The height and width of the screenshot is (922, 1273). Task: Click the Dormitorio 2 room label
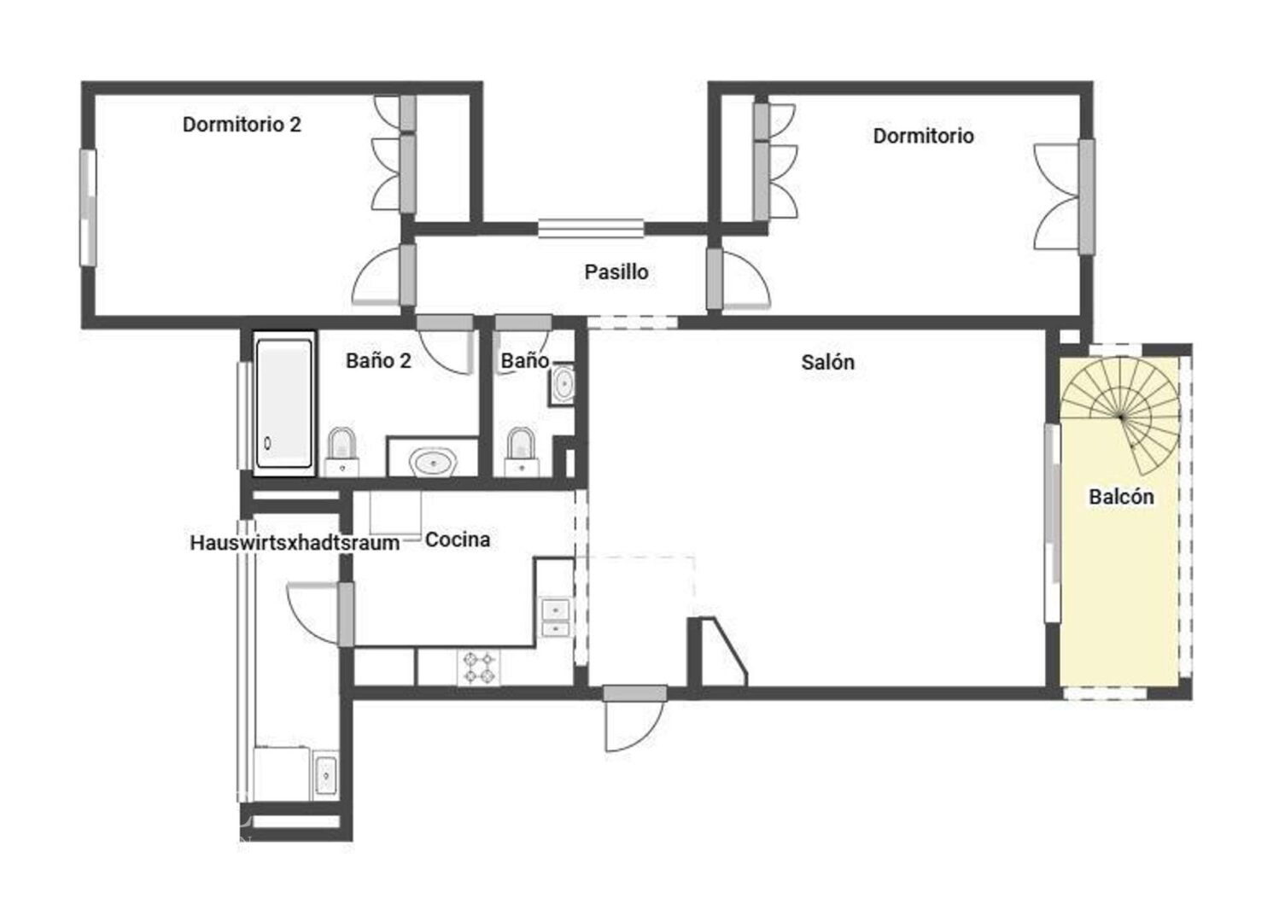click(x=242, y=125)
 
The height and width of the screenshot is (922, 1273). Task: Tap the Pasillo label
click(x=616, y=272)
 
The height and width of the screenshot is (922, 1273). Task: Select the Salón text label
click(x=827, y=363)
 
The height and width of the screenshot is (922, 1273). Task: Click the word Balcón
click(x=1121, y=497)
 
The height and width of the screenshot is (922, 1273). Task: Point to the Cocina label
click(x=458, y=540)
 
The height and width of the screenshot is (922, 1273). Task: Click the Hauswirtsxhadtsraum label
click(x=295, y=542)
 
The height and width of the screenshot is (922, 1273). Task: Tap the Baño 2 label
click(x=378, y=361)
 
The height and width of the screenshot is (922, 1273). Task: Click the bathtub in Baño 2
click(x=283, y=403)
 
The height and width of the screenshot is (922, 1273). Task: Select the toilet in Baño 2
click(x=342, y=452)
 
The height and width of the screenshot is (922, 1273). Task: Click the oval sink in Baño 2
click(x=433, y=463)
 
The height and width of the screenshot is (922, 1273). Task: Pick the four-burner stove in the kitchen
click(x=478, y=668)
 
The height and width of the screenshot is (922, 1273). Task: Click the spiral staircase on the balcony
click(x=1120, y=417)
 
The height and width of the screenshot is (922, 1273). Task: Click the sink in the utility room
click(x=325, y=775)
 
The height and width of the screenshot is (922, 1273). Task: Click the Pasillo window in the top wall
click(x=591, y=229)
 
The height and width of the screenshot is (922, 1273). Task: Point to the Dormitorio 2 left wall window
click(x=88, y=207)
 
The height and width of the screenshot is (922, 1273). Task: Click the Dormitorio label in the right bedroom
click(x=923, y=137)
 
